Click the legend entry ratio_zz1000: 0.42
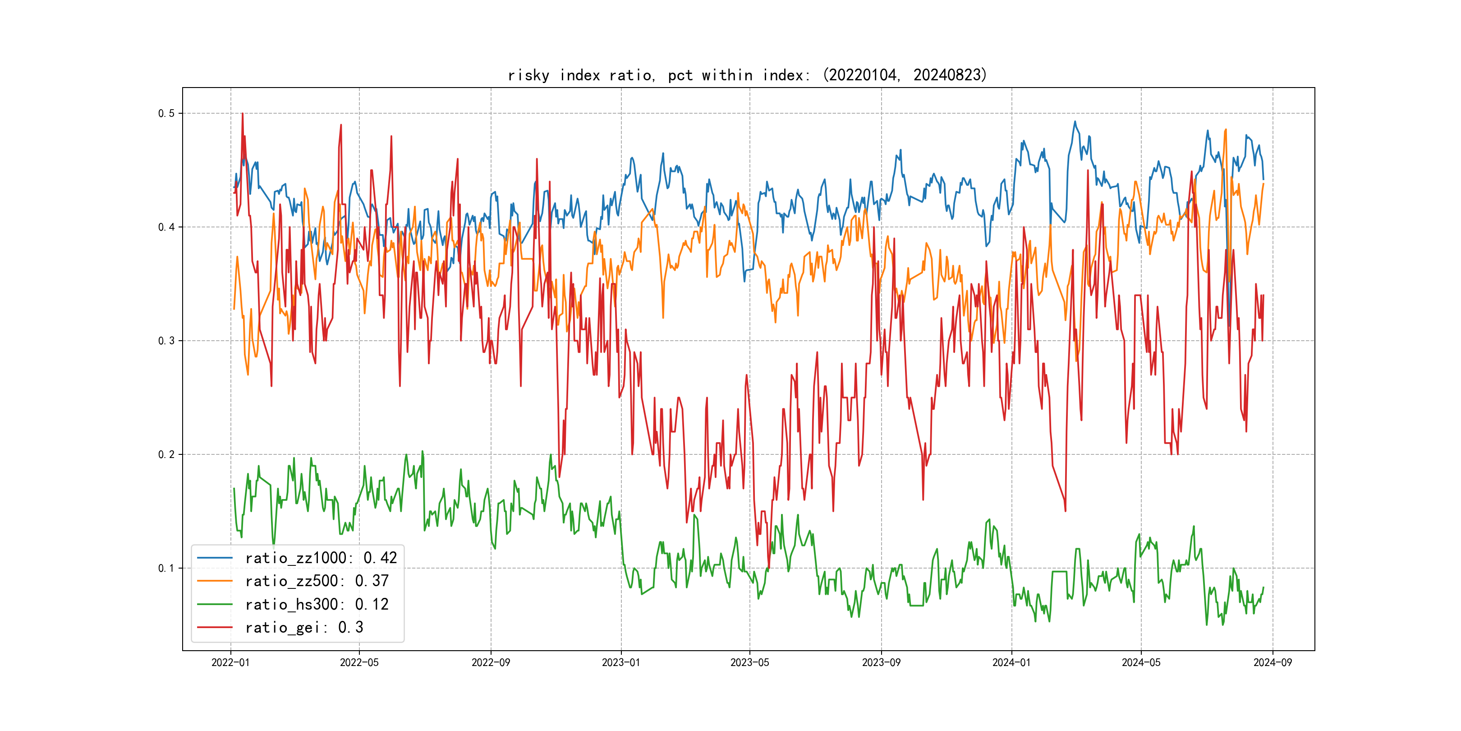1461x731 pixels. tap(321, 558)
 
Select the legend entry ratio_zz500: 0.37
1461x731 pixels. tap(317, 581)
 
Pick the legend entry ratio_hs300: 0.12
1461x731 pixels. tap(317, 605)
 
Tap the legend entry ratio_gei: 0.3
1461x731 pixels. tap(304, 628)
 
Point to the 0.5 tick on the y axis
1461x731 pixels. tap(166, 114)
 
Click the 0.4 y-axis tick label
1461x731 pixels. tap(166, 227)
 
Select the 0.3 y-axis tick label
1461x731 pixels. tap(166, 341)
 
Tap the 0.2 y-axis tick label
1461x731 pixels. tap(166, 454)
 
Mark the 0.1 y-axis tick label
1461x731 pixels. tap(166, 568)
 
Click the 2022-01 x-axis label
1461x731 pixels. tap(230, 662)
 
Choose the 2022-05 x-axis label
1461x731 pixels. tap(359, 662)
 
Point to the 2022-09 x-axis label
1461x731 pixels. tap(491, 662)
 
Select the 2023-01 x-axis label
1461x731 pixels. tap(621, 662)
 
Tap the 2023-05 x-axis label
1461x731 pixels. tap(750, 662)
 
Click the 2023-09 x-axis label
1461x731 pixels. tap(882, 662)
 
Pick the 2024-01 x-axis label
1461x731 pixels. tap(1011, 662)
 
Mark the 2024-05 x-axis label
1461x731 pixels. tap(1141, 662)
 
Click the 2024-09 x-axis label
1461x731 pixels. tap(1273, 662)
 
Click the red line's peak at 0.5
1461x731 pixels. tap(242, 114)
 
